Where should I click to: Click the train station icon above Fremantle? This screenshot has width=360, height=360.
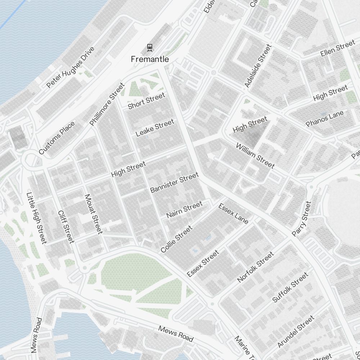coord(149,47)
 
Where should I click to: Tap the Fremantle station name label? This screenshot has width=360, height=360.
coord(149,59)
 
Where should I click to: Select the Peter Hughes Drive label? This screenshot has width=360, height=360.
coord(70,67)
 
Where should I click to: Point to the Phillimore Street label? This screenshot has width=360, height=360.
coord(107,104)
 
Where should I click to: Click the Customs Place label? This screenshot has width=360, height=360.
coord(57,138)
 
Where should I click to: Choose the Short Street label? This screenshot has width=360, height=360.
coord(147,100)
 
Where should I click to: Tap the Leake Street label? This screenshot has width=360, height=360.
coord(155,128)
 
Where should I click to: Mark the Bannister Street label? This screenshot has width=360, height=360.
coord(174,183)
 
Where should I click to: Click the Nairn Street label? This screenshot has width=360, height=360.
coord(184,210)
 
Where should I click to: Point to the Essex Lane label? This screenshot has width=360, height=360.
coord(233,213)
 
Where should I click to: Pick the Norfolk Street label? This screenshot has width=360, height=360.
coord(256,267)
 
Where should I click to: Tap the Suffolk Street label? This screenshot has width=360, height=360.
coord(290,287)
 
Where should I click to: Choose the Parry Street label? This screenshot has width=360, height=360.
coord(301,219)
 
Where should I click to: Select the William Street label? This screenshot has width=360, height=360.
coord(255,156)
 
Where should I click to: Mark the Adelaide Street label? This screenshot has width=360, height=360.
coord(257,66)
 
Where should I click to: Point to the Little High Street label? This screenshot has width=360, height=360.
coord(36,218)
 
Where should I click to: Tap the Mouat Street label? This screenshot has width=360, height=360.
coord(93,214)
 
